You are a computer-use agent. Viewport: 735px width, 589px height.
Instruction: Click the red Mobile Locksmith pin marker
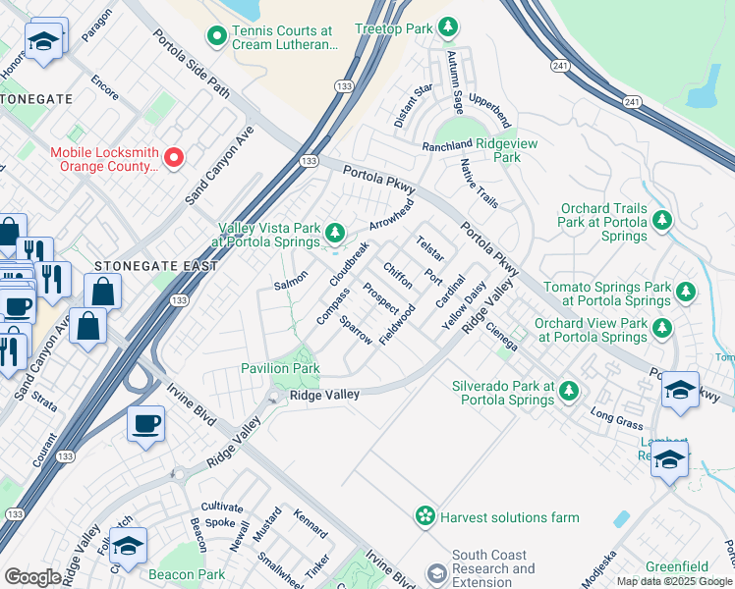click(174, 156)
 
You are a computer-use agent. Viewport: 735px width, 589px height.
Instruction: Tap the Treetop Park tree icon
click(448, 27)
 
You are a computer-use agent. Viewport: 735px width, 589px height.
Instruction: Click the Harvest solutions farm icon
click(424, 515)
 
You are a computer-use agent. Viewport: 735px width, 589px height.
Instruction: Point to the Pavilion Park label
click(280, 368)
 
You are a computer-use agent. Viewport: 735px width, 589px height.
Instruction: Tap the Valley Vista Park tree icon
click(336, 233)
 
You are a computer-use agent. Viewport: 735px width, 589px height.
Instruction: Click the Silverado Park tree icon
click(568, 393)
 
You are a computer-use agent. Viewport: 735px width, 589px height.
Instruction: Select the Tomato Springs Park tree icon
click(685, 291)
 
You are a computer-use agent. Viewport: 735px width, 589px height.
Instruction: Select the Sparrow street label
click(356, 330)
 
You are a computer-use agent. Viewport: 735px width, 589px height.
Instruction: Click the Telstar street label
click(430, 249)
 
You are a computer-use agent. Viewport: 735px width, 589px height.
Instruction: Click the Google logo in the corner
click(32, 577)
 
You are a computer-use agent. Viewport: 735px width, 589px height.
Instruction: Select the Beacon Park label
click(186, 574)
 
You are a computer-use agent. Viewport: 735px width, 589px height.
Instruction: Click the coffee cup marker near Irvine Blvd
click(146, 424)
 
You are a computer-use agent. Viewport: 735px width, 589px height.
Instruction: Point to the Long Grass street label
click(616, 420)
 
